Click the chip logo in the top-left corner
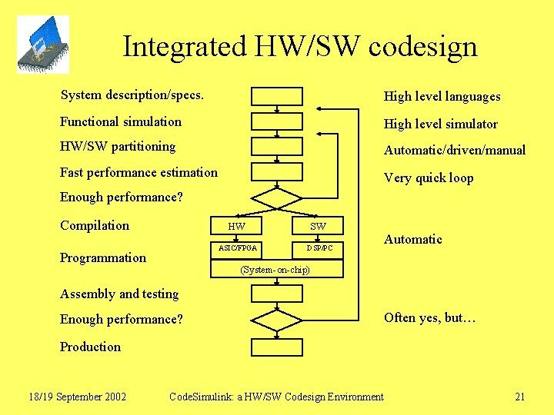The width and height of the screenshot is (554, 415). tap(42, 45)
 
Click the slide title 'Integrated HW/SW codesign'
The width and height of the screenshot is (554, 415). tap(300, 47)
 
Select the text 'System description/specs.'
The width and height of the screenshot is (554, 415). tap(132, 95)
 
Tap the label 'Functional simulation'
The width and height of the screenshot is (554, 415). tap(121, 121)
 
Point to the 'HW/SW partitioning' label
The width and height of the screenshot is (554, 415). tap(118, 146)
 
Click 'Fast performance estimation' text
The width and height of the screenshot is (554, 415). tap(138, 172)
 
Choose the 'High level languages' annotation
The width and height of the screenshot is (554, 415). tap(442, 96)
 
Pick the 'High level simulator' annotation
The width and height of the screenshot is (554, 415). tap(440, 124)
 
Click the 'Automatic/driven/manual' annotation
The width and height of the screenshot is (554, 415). tap(454, 150)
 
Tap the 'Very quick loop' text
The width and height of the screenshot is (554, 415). tap(429, 178)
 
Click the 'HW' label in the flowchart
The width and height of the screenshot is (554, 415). tap(237, 226)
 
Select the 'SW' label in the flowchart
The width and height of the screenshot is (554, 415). tap(318, 226)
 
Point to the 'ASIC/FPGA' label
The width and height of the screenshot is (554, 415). tap(238, 248)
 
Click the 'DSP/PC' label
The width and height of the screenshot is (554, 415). tap(319, 248)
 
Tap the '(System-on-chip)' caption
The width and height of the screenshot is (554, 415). tap(275, 270)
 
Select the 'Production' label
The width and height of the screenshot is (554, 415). tap(90, 347)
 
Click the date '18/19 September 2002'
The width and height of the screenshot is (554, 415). tap(77, 397)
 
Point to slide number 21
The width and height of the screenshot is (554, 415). tap(519, 397)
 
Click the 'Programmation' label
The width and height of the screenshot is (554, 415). tap(103, 257)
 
